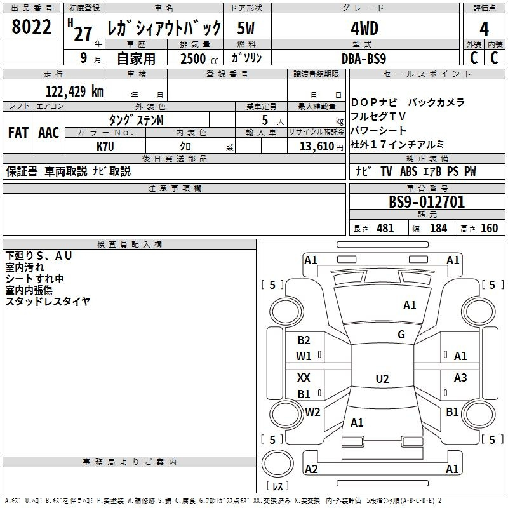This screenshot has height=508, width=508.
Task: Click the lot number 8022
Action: pyautogui.click(x=31, y=27)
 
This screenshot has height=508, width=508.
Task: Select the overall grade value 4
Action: pyautogui.click(x=484, y=29)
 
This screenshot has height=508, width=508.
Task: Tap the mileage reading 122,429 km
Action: pyautogui.click(x=74, y=91)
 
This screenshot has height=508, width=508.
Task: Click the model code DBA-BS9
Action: pyautogui.click(x=364, y=58)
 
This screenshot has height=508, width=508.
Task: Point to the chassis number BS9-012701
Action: pyautogui.click(x=427, y=202)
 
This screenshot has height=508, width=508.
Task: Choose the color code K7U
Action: pyautogui.click(x=105, y=147)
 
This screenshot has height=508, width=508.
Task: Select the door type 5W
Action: pyautogui.click(x=246, y=28)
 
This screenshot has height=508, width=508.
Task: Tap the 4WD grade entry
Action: pyautogui.click(x=364, y=29)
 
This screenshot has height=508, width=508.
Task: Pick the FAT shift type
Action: pyautogui.click(x=18, y=133)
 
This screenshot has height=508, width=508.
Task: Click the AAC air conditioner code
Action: pyautogui.click(x=49, y=133)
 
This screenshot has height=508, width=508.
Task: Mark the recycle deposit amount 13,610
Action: pyautogui.click(x=317, y=147)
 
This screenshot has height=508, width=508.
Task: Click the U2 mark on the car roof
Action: pyautogui.click(x=382, y=378)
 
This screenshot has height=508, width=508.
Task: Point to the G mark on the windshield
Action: pyautogui.click(x=401, y=335)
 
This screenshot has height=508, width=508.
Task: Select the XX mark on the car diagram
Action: pyautogui.click(x=304, y=377)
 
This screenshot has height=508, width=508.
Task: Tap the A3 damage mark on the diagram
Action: pyautogui.click(x=460, y=377)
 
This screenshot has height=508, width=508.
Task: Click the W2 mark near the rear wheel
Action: pyautogui.click(x=312, y=411)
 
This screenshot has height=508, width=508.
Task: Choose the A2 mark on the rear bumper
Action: pyautogui.click(x=311, y=469)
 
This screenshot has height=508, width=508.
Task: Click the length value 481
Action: pyautogui.click(x=385, y=228)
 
